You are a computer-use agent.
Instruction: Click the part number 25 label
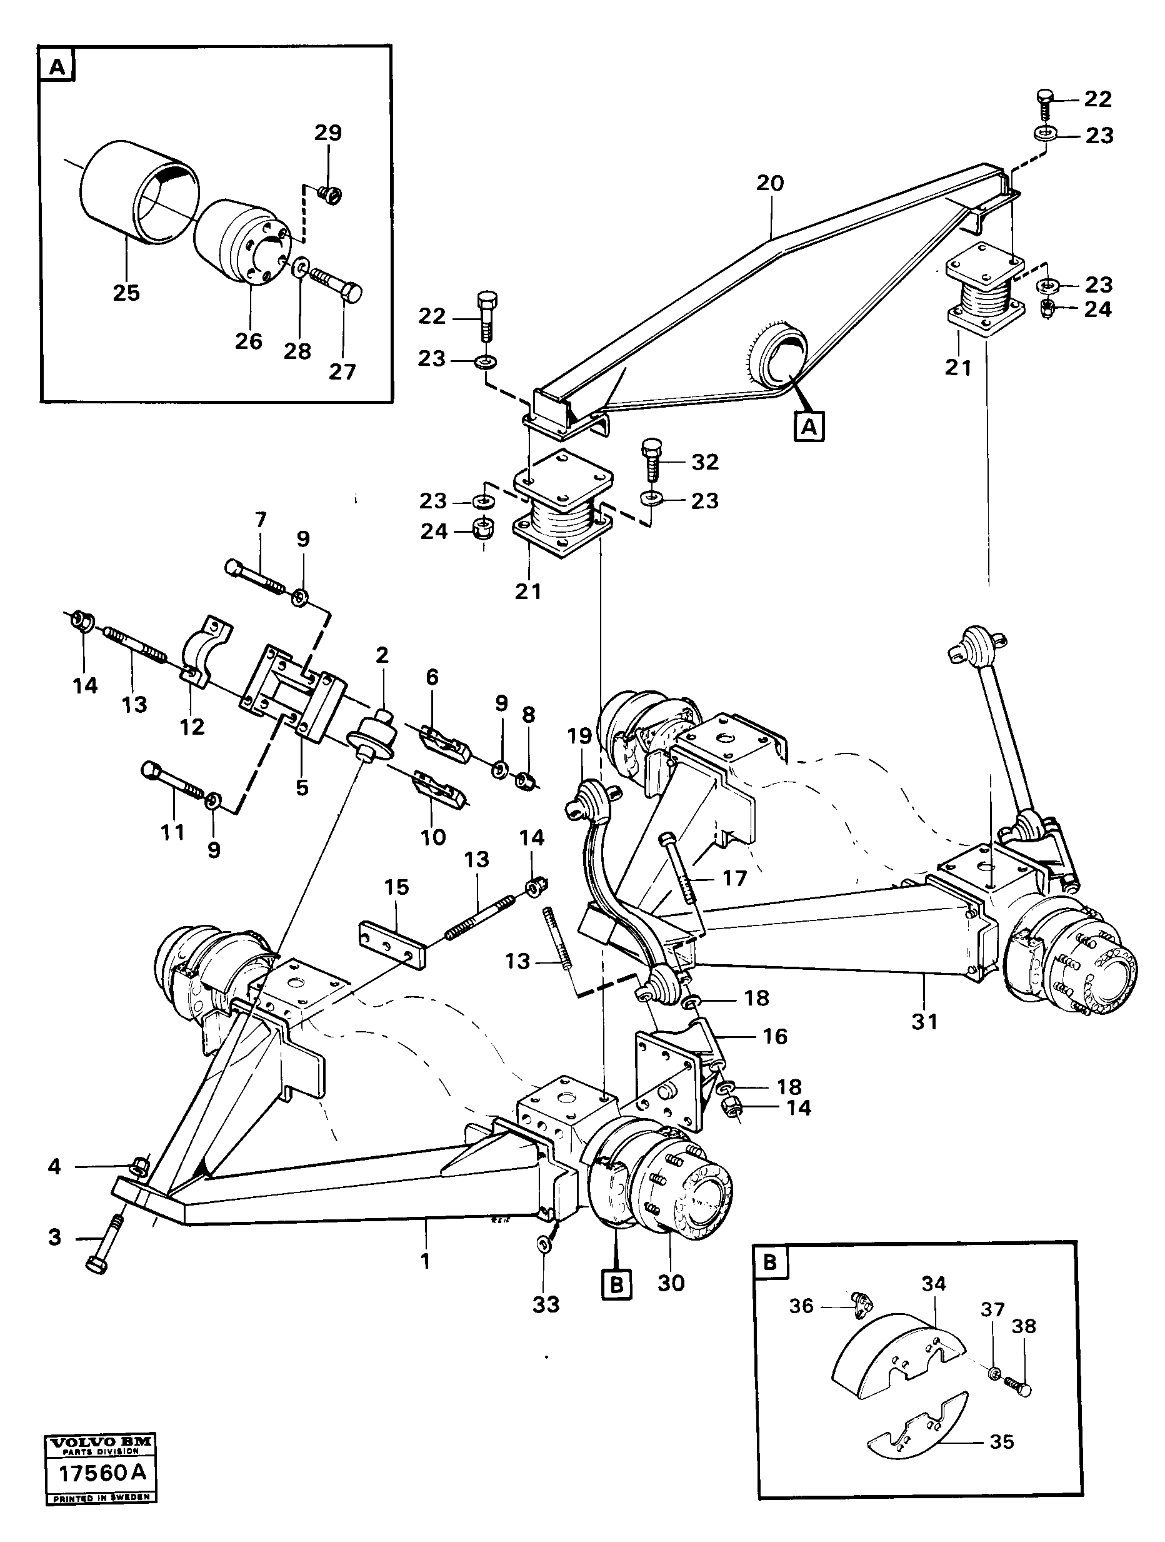point(126,293)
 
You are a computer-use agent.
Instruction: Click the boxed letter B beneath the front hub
point(617,1284)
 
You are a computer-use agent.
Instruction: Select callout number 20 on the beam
point(770,183)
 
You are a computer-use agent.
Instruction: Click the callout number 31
point(924,1022)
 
